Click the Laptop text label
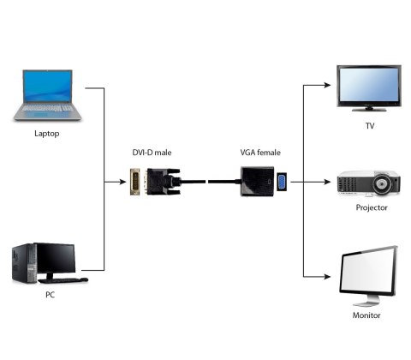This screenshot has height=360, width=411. [47, 134]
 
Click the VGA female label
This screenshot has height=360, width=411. [260, 153]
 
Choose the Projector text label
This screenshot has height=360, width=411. [371, 207]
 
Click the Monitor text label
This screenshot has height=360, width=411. [366, 315]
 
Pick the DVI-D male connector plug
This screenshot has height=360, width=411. [137, 182]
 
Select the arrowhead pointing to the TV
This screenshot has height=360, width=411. [327, 85]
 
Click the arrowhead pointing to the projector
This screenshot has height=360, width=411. [327, 182]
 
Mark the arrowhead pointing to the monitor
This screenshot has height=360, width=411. [327, 277]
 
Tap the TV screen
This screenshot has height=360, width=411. [370, 84]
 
